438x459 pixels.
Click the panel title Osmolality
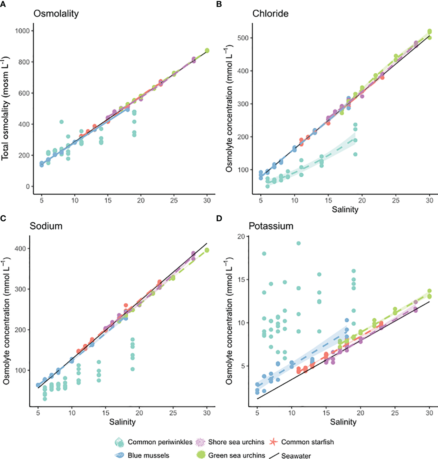tap(56, 13)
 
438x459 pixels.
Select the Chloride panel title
tap(270, 13)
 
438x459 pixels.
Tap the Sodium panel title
tap(46, 226)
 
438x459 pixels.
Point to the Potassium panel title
tap(271, 226)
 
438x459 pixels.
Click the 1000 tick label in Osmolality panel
tap(22, 31)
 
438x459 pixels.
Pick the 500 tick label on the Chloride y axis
tap(243, 38)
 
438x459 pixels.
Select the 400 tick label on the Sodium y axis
tap(20, 249)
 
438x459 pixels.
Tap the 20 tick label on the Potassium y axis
tap(241, 237)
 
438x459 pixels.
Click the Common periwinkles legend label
tap(160, 442)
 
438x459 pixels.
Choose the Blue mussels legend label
tap(148, 455)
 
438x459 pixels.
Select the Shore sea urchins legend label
tap(236, 442)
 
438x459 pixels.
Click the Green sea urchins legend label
tap(236, 455)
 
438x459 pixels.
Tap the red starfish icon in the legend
tap(273, 442)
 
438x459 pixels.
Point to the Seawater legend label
tap(296, 456)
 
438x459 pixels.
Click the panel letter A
tap(3, 4)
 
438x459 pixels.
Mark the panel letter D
tap(219, 218)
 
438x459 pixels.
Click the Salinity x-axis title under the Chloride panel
tap(345, 210)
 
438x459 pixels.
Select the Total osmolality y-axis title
tap(5, 108)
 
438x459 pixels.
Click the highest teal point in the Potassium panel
tap(299, 243)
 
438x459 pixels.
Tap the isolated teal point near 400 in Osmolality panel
tap(61, 122)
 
